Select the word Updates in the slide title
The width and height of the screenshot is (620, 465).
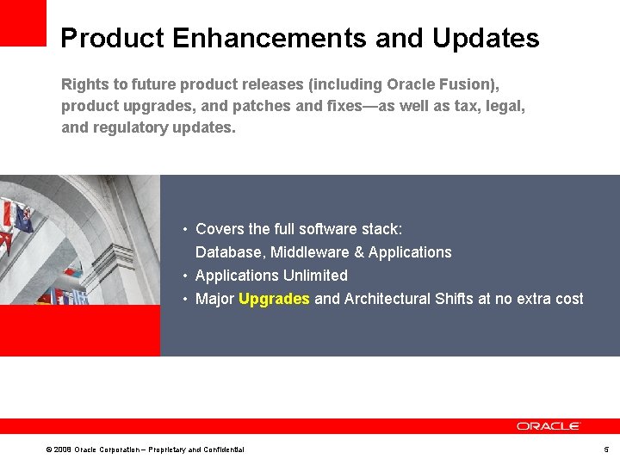point(486,39)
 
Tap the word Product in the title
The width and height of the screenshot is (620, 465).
point(111,39)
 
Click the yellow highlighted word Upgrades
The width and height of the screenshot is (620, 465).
point(274,299)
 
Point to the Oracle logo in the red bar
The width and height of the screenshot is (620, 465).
point(549,426)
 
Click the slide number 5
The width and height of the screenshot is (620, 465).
point(606,449)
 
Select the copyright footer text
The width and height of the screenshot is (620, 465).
point(145,449)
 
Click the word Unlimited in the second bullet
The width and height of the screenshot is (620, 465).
point(316,276)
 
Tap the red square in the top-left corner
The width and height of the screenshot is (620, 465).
point(22,22)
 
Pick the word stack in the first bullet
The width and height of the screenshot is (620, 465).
point(381,229)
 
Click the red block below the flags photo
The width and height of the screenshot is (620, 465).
point(79,331)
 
